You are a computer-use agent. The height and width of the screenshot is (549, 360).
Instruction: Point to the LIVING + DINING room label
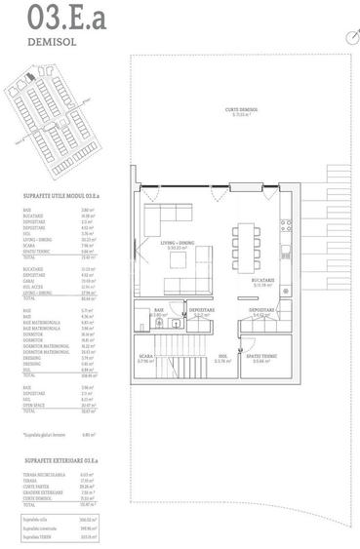(x=177, y=246)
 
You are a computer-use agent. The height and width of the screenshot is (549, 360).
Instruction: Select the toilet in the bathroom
(x=171, y=325)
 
